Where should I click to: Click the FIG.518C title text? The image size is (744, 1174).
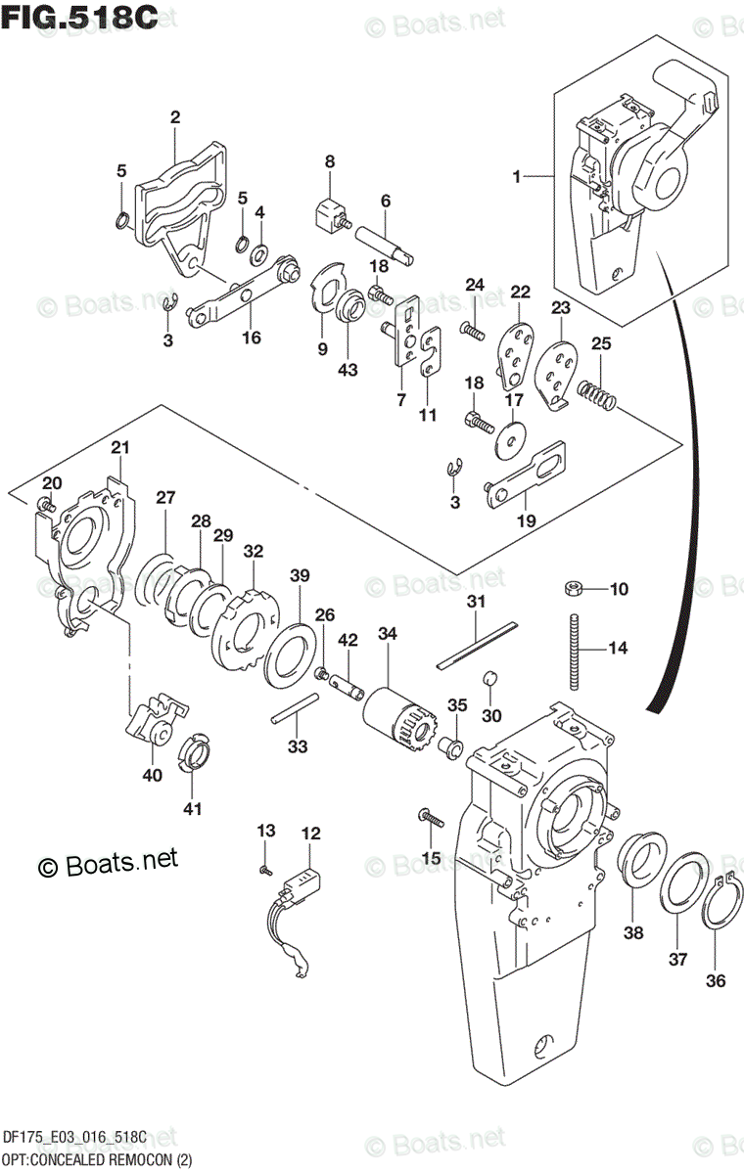[x=80, y=19]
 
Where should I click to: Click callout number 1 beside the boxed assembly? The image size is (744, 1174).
[x=516, y=177]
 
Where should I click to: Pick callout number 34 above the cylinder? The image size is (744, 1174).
[x=388, y=634]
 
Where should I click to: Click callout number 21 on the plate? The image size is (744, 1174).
[x=119, y=448]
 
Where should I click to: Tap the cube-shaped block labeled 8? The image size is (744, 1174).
[x=331, y=211]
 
